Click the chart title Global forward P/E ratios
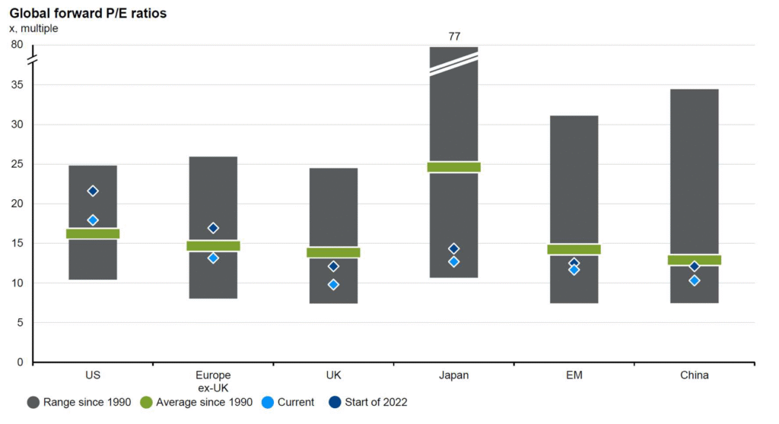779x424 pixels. (x=87, y=13)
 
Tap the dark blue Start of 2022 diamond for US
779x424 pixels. (x=93, y=191)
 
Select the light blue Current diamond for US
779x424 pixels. (x=93, y=220)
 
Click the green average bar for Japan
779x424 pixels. (x=454, y=167)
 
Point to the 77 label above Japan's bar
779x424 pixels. (x=454, y=36)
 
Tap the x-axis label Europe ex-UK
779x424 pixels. (x=213, y=381)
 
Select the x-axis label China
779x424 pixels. (x=695, y=375)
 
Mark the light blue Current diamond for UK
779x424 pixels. (x=333, y=284)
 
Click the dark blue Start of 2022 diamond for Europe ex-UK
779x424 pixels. (x=213, y=228)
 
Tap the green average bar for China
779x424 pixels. (x=695, y=260)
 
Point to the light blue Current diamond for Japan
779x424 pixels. (x=454, y=261)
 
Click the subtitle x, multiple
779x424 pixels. (x=33, y=28)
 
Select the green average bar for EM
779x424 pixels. (x=574, y=249)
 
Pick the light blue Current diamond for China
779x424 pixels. (x=695, y=280)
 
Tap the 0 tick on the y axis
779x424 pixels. (x=19, y=362)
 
